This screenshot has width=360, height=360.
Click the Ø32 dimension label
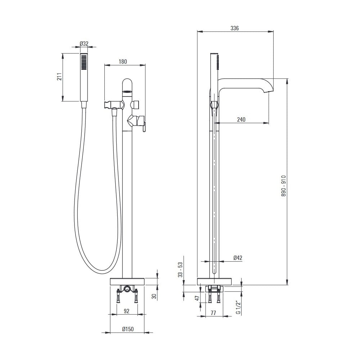coord(84,44)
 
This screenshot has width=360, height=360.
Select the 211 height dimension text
coord(60,77)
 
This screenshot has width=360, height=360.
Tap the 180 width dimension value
coord(123,62)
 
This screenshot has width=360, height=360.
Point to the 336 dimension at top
coord(235,28)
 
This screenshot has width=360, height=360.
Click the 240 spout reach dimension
coord(241,120)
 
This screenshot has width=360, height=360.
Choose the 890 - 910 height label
coord(284,186)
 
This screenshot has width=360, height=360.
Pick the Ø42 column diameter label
coord(238,258)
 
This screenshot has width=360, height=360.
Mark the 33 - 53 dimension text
coord(181,270)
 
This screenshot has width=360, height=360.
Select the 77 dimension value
coord(213,313)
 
